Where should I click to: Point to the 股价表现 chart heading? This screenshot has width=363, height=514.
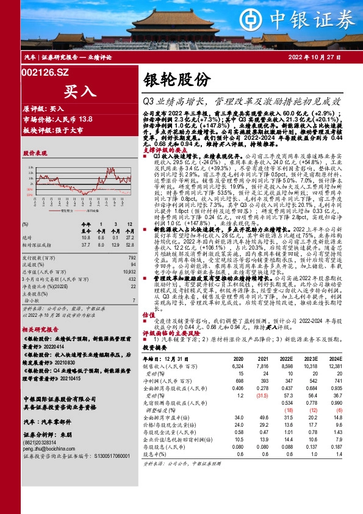(x=35, y=153)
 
